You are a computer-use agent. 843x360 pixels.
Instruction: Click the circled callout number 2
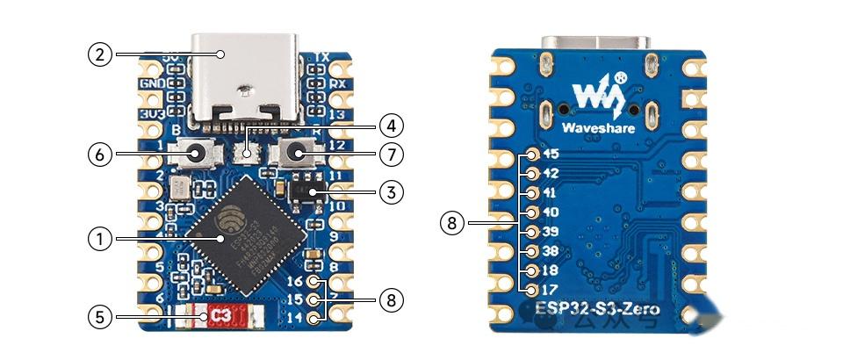tap(99, 54)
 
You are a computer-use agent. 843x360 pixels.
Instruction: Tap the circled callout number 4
tap(391, 125)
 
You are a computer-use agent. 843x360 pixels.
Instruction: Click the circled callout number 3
tap(391, 190)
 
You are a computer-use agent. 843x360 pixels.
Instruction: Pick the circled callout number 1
tap(99, 237)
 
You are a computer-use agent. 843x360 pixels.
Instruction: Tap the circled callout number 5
tap(99, 316)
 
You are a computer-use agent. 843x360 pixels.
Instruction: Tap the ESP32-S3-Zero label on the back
tap(597, 309)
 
